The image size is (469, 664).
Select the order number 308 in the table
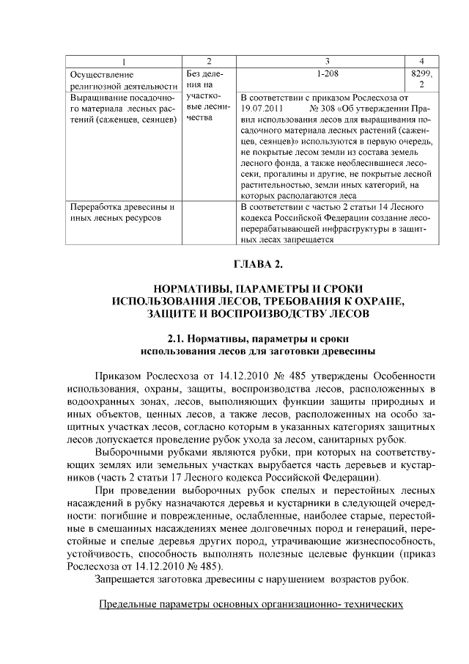tap(336, 108)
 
